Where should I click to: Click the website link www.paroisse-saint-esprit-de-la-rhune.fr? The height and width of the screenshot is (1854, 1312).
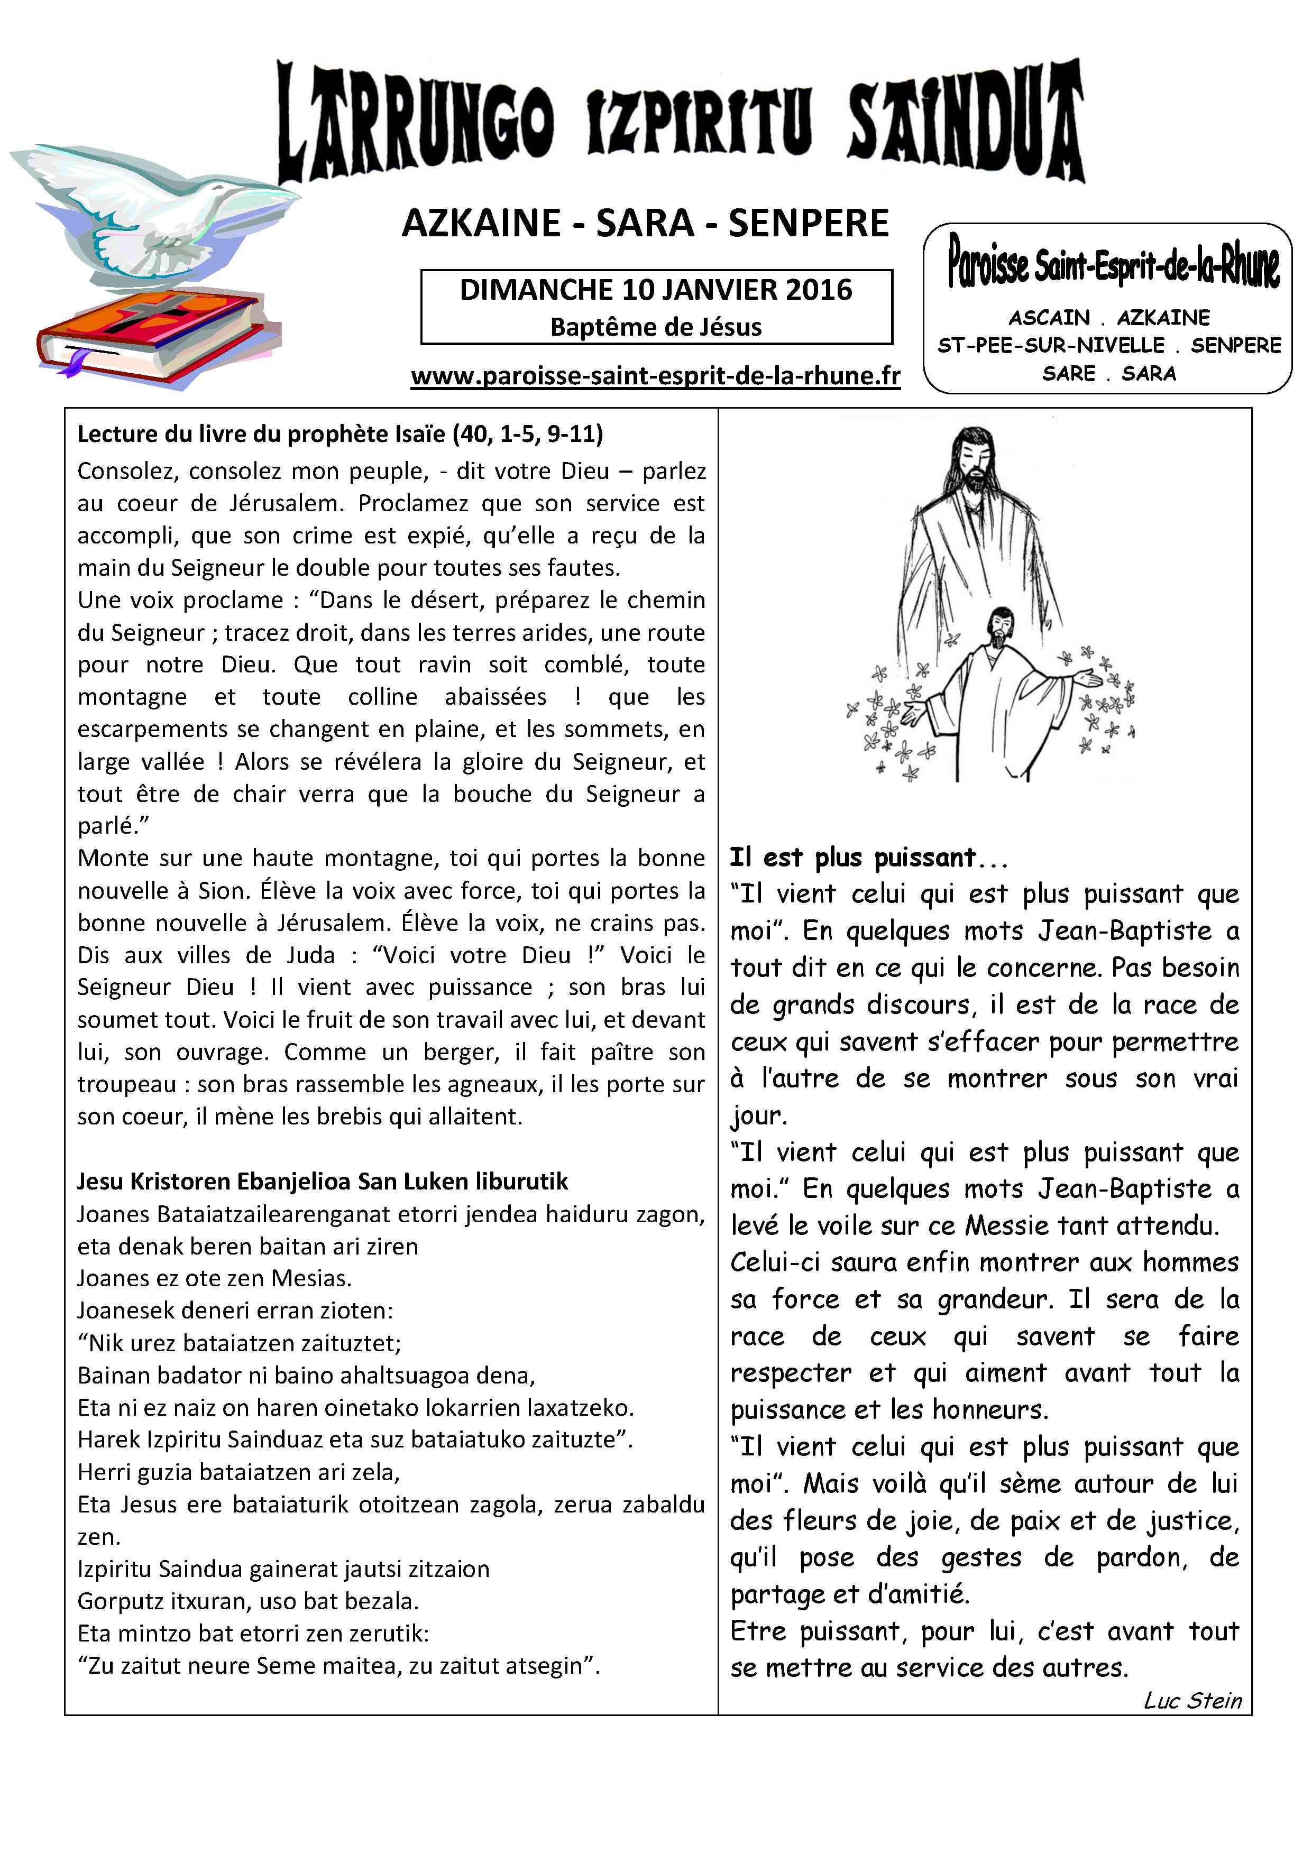[x=655, y=376]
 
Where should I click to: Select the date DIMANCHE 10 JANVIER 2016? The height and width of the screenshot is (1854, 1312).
[x=655, y=290]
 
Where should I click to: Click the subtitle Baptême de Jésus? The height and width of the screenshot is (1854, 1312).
[x=655, y=327]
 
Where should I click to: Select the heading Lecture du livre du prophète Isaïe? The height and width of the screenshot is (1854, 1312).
[x=340, y=435]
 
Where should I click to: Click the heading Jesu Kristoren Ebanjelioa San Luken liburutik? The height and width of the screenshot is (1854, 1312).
[x=323, y=1182]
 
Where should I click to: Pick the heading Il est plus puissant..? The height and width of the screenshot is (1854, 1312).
[x=853, y=857]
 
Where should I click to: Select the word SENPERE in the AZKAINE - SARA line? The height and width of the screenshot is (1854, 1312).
[x=808, y=224]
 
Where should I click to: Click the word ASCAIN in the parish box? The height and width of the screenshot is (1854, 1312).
[x=1049, y=317]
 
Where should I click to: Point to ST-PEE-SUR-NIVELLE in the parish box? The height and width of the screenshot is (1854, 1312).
[x=1050, y=346]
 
